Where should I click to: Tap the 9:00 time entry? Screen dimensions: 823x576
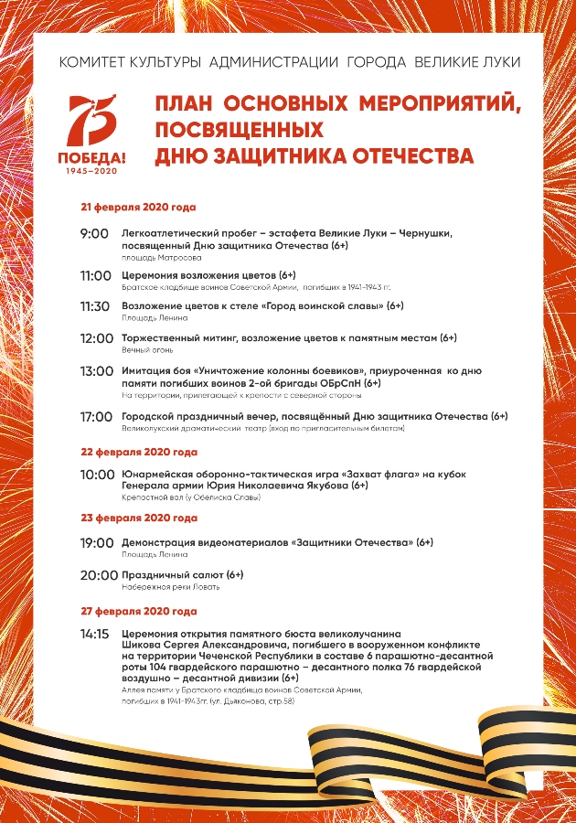point(94,234)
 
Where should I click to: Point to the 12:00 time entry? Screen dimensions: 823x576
point(96,338)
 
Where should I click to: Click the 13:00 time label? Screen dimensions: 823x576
point(96,371)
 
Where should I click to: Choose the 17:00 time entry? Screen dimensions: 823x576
point(96,417)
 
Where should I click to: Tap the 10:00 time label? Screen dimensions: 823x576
point(97,475)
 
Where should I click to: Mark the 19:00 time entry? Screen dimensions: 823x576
point(97,543)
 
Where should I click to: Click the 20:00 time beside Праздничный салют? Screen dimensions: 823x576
point(99,575)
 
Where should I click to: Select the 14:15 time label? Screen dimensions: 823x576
point(95,633)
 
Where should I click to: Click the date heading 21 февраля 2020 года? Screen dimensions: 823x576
point(138,207)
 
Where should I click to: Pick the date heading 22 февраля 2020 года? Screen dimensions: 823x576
point(139,452)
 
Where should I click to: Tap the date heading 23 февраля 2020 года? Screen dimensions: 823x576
point(139,518)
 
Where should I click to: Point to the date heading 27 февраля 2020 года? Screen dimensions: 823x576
point(139,611)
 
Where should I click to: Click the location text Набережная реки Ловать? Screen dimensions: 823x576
point(171,587)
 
